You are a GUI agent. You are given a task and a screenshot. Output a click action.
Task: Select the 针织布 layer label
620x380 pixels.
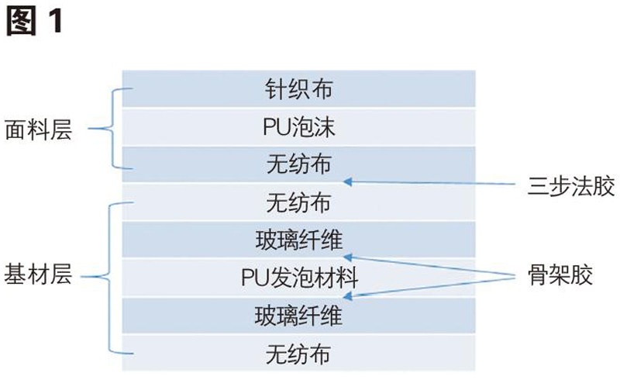[x=298, y=89]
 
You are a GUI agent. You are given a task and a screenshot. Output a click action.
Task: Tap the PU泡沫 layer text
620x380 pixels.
[x=298, y=126]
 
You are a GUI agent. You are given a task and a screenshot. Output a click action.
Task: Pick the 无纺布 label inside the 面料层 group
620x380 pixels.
[x=298, y=164]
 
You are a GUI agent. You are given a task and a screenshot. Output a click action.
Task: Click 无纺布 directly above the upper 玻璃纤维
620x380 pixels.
[x=298, y=202]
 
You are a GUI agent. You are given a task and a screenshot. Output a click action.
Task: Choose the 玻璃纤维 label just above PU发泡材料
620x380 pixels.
[x=298, y=240]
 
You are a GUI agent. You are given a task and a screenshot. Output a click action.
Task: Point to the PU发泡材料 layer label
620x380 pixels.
[x=298, y=277]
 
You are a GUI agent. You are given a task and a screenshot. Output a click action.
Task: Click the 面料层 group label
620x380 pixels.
[x=38, y=130]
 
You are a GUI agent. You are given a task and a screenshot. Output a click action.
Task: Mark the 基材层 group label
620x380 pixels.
[x=38, y=276]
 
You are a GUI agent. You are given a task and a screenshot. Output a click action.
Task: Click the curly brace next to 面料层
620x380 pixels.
[x=114, y=128]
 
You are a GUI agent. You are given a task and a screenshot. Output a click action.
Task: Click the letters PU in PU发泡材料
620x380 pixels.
[x=252, y=277]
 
